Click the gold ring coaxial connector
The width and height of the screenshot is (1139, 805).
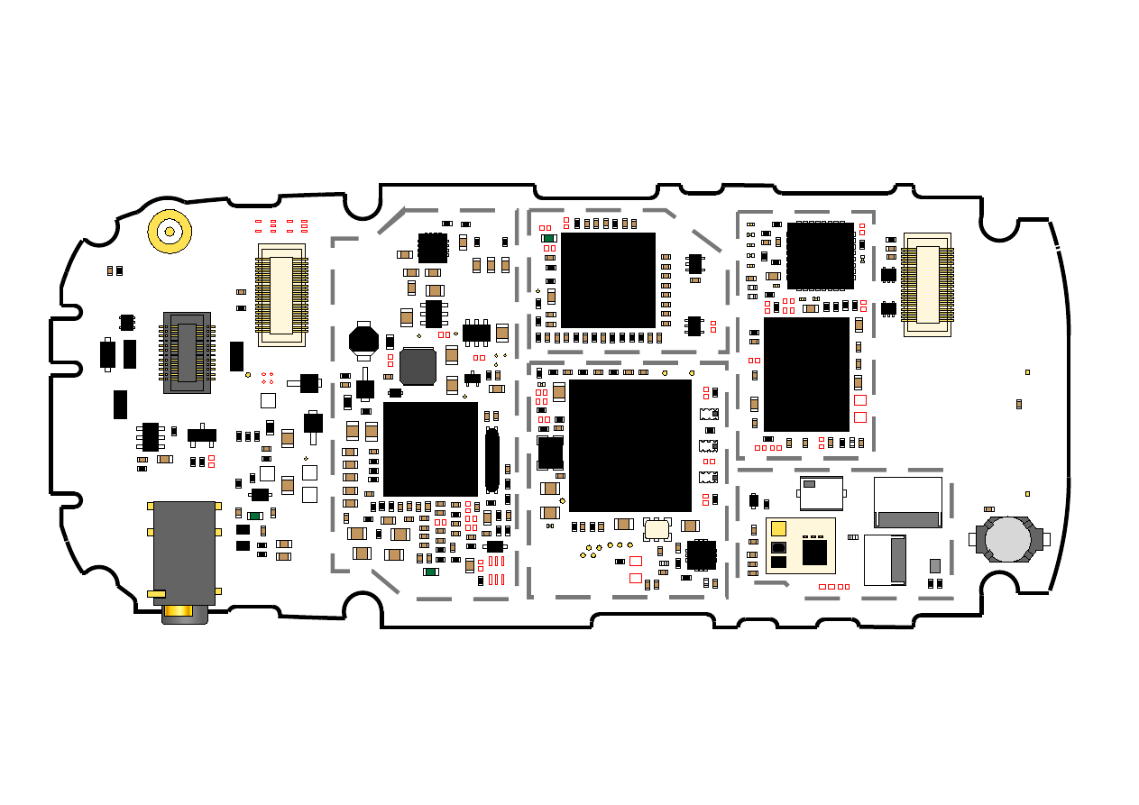pyautogui.click(x=170, y=232)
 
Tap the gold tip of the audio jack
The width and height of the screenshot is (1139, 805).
pyautogui.click(x=183, y=613)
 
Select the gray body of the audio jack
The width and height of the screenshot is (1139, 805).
pyautogui.click(x=184, y=552)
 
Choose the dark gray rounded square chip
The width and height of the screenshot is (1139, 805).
pyautogui.click(x=418, y=366)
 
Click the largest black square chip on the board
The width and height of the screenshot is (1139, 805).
pyautogui.click(x=629, y=445)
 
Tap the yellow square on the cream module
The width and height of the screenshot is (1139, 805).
pyautogui.click(x=779, y=528)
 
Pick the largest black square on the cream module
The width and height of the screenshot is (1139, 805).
pyautogui.click(x=814, y=552)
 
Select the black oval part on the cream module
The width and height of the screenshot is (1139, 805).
pyautogui.click(x=778, y=547)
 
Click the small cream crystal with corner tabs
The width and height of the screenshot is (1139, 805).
pyautogui.click(x=657, y=529)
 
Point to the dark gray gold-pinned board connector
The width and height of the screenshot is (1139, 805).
pyautogui.click(x=187, y=352)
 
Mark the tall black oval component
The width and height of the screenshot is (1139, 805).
pyautogui.click(x=491, y=460)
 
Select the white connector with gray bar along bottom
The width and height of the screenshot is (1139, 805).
pyautogui.click(x=907, y=502)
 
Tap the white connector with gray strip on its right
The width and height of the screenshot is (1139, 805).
pyautogui.click(x=885, y=559)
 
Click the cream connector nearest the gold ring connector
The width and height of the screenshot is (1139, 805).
pyautogui.click(x=281, y=295)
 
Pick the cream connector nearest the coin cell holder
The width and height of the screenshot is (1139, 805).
pyautogui.click(x=927, y=285)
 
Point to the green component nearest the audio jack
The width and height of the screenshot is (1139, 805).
pyautogui.click(x=255, y=516)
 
